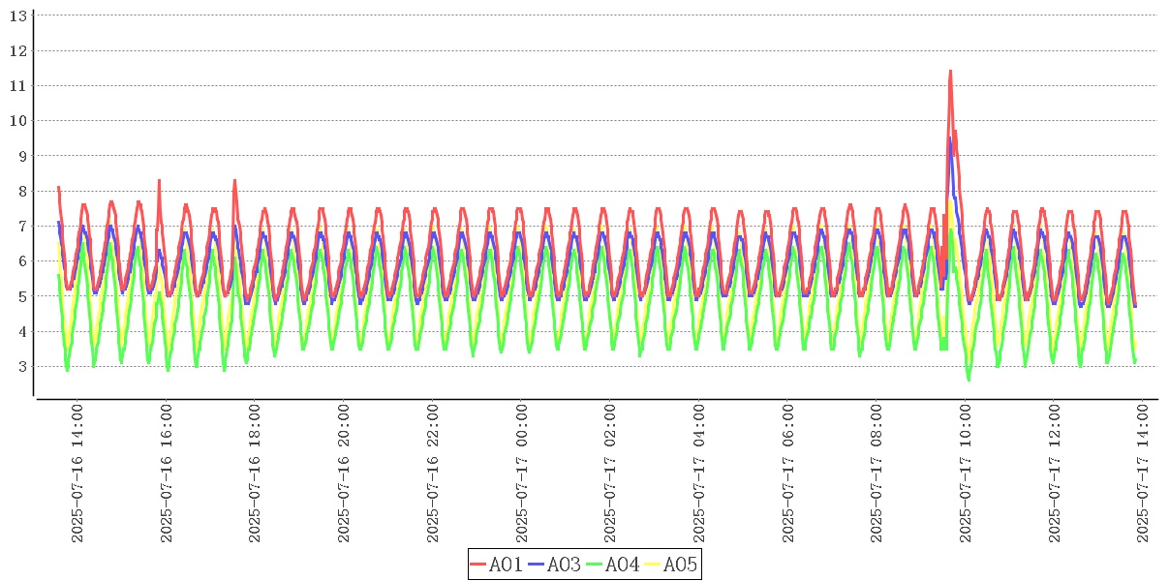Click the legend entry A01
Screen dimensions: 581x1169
pyautogui.click(x=497, y=565)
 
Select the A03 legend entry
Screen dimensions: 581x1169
pyautogui.click(x=555, y=565)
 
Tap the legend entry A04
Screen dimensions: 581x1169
pyautogui.click(x=613, y=565)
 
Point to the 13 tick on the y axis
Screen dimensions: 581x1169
pyautogui.click(x=17, y=15)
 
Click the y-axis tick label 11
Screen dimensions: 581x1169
pyautogui.click(x=17, y=85)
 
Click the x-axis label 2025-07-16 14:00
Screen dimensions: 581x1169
pyautogui.click(x=77, y=474)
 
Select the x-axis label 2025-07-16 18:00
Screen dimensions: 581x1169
pyautogui.click(x=256, y=474)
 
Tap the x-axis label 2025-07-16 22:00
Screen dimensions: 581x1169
pyautogui.click(x=433, y=474)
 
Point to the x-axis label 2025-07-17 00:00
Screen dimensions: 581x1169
pyautogui.click(x=522, y=474)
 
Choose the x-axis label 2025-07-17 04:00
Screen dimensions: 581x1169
pyautogui.click(x=699, y=474)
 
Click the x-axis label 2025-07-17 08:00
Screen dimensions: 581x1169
pyautogui.click(x=877, y=474)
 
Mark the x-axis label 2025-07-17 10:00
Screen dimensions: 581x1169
pyautogui.click(x=966, y=474)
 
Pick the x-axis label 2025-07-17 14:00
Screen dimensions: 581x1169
pyautogui.click(x=1144, y=474)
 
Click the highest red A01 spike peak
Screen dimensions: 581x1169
pyautogui.click(x=950, y=71)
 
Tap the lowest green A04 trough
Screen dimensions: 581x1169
pyautogui.click(x=969, y=380)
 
